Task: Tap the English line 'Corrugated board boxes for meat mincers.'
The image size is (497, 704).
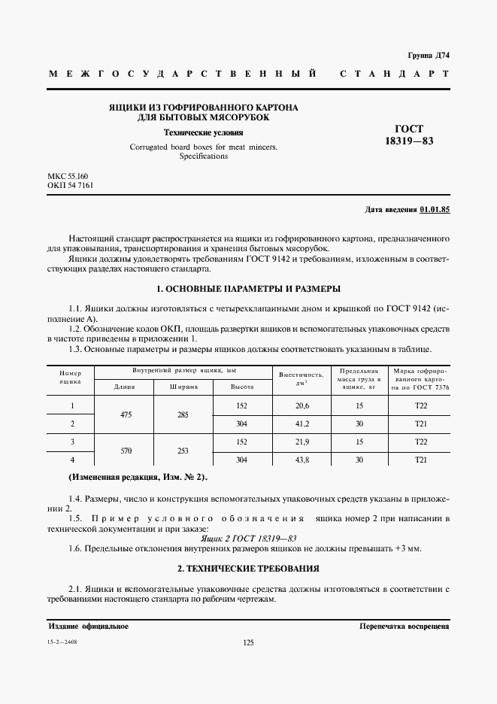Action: (x=203, y=147)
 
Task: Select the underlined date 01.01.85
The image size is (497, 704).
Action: (x=435, y=211)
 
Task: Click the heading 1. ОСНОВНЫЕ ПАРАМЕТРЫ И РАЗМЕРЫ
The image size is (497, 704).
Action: (x=247, y=289)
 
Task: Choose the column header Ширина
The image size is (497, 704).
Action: (x=183, y=387)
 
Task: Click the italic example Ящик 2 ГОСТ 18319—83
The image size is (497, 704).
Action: (x=248, y=538)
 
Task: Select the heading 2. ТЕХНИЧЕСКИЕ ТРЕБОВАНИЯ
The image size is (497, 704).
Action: (x=248, y=568)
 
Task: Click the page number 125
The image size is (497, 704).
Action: (x=248, y=642)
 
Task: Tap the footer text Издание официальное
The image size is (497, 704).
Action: (x=88, y=626)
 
